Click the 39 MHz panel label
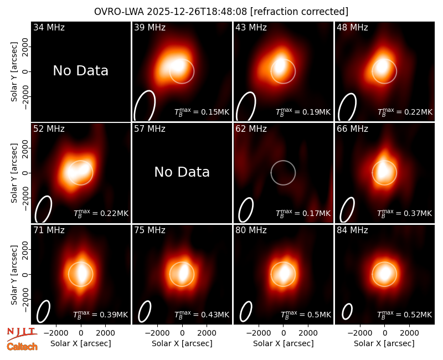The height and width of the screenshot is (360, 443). [150, 27]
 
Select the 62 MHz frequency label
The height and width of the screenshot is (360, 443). [251, 129]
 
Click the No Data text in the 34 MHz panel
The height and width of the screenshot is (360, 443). [80, 71]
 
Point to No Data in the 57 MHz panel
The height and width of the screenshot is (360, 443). [182, 172]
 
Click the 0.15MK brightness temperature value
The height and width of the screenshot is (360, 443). [202, 112]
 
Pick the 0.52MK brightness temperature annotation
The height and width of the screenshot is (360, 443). [405, 315]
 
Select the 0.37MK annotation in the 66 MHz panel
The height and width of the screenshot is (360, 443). [405, 213]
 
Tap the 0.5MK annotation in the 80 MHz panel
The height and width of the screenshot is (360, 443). [306, 315]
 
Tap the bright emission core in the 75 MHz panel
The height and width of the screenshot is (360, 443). [184, 271]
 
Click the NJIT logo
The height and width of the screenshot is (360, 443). [22, 334]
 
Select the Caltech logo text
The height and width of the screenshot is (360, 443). [22, 347]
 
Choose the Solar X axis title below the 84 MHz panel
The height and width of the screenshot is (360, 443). [384, 343]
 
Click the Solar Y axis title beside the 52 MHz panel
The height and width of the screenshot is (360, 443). [14, 173]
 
